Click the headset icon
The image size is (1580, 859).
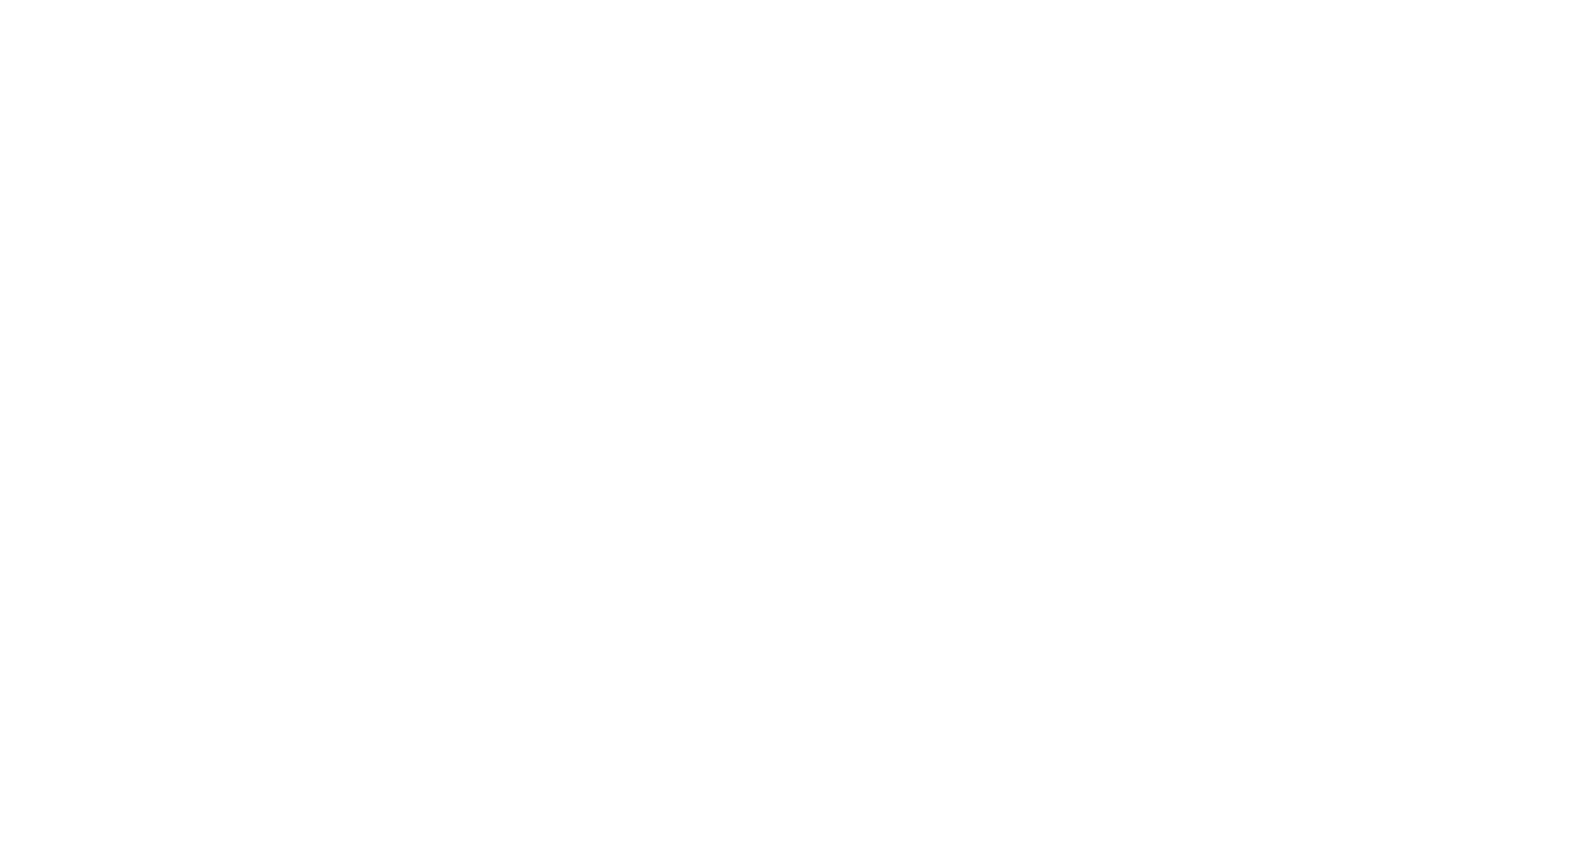309,123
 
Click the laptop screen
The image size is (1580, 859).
804,402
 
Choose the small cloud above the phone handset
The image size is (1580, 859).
714,689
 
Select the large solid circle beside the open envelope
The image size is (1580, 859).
1329,131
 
